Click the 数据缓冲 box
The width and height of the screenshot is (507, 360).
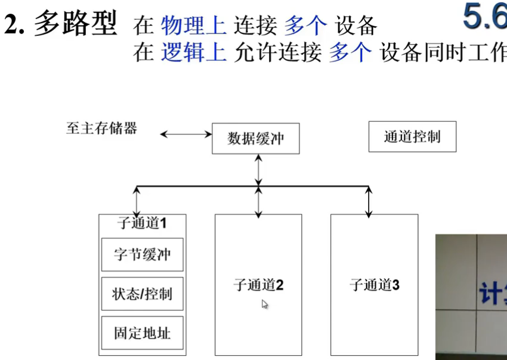point(256,139)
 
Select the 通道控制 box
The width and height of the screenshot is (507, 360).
point(412,137)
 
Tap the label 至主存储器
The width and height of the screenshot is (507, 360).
point(101,128)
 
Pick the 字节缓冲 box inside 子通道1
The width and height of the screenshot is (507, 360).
point(142,254)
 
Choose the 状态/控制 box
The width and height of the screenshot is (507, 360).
point(142,294)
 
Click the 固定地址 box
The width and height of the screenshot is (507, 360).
point(142,333)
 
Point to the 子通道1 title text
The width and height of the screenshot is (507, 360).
point(142,223)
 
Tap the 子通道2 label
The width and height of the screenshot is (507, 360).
point(258,285)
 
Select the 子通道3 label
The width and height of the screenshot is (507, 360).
point(374,285)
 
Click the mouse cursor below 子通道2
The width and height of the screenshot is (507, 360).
point(264,304)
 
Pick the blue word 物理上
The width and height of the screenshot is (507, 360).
point(194,25)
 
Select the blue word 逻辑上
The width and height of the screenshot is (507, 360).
point(194,53)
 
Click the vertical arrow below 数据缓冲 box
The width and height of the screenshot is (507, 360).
point(258,170)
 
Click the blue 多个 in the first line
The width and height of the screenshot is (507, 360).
point(305,25)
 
